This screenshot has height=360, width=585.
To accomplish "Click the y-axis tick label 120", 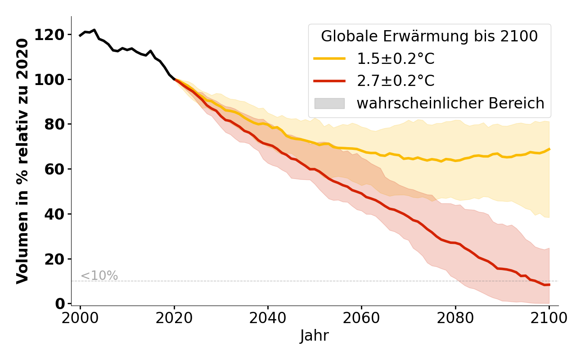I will click(x=49, y=35).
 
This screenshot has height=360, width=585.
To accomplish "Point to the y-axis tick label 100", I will click(x=49, y=80).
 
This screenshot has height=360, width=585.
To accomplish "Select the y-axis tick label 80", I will click(x=54, y=124).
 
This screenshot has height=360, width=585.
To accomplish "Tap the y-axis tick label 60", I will click(x=54, y=169).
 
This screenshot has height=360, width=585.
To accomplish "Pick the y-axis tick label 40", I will click(x=54, y=214).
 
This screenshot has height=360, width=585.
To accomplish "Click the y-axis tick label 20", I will click(x=54, y=259).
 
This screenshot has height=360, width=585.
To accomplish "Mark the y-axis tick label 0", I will click(x=59, y=304).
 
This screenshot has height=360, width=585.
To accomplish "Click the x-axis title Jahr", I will click(x=315, y=336).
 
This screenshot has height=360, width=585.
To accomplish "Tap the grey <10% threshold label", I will click(x=99, y=276).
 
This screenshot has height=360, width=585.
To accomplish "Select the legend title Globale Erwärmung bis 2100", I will click(x=429, y=36).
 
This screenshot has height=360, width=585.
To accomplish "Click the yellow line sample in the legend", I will click(x=329, y=58).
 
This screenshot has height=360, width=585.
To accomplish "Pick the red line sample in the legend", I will click(x=329, y=81).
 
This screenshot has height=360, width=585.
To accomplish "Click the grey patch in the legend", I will click(x=329, y=103).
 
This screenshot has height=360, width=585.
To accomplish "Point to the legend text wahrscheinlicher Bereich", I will click(x=450, y=103).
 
